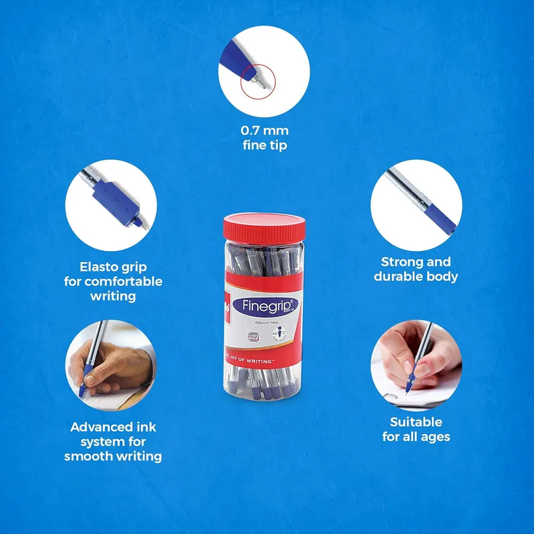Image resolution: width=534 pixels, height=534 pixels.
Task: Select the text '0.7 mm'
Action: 264,130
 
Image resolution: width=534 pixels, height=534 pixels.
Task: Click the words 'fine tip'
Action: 264,145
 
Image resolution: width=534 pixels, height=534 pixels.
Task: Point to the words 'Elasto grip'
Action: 113,266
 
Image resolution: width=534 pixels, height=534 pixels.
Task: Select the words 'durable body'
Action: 416,276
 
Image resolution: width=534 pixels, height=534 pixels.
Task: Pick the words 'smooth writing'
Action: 113,456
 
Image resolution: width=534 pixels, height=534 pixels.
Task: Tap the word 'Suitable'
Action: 416,422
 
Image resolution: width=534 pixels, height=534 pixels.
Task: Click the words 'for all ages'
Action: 416,436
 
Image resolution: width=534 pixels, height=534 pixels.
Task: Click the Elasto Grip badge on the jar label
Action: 254,337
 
